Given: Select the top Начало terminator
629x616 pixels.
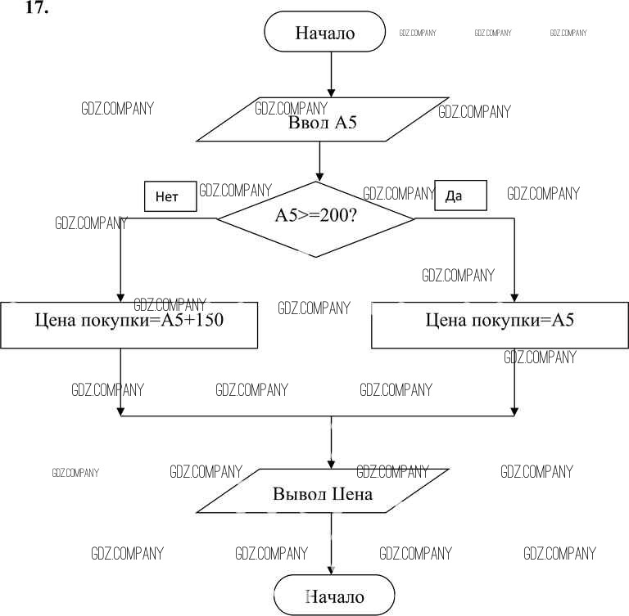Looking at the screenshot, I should [x=324, y=34].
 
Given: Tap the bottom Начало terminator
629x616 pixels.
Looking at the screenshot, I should [x=334, y=595].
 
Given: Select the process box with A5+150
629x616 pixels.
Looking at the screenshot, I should [x=129, y=325].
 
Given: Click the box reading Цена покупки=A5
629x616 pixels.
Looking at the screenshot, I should [x=500, y=325].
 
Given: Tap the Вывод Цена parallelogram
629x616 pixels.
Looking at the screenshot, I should [x=323, y=493].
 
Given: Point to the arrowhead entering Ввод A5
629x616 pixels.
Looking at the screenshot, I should [x=331, y=92].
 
